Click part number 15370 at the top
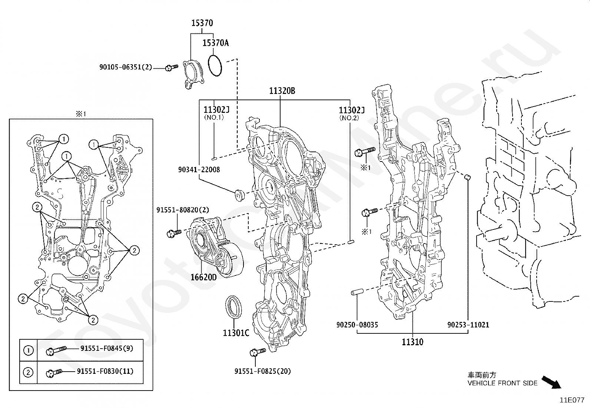pyautogui.click(x=202, y=23)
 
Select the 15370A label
pyautogui.click(x=215, y=43)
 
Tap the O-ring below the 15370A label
pyautogui.click(x=215, y=66)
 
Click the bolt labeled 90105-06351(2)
pyautogui.click(x=172, y=68)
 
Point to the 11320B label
pyautogui.click(x=282, y=91)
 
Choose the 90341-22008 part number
pyautogui.click(x=199, y=169)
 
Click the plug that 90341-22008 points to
pyautogui.click(x=239, y=195)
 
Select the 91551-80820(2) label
pyautogui.click(x=183, y=210)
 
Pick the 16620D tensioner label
pyautogui.click(x=203, y=277)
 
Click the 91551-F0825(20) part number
pyautogui.click(x=263, y=371)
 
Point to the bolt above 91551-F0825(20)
pyautogui.click(x=258, y=352)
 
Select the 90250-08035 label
pyautogui.click(x=357, y=324)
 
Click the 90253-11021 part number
pyautogui.click(x=468, y=324)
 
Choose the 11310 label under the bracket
pyautogui.click(x=412, y=342)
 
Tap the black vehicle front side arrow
pyautogui.click(x=551, y=382)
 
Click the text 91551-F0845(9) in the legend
pyautogui.click(x=107, y=348)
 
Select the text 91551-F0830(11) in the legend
pyautogui.click(x=105, y=371)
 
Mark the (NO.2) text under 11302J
pyautogui.click(x=349, y=118)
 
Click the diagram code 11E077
pyautogui.click(x=572, y=400)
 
